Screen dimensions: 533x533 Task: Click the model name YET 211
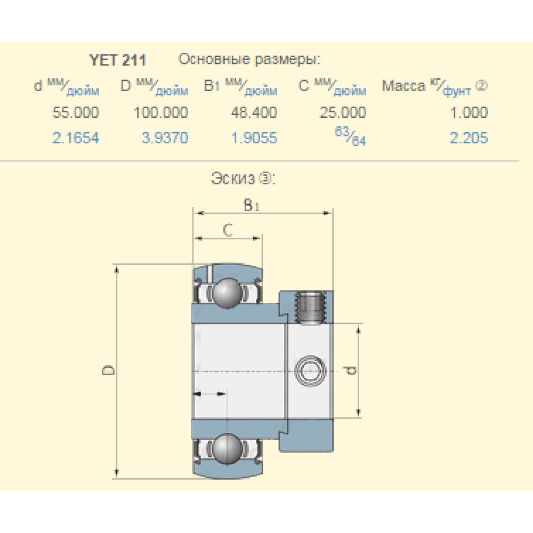[118, 61]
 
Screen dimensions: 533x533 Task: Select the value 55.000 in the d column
[76, 112]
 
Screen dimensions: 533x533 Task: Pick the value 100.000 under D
[161, 112]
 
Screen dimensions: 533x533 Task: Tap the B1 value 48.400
[254, 112]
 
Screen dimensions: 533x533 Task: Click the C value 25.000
[343, 112]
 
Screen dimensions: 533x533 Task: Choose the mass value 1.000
[469, 112]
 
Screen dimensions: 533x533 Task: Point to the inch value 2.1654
[76, 138]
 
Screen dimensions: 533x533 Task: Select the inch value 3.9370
[165, 138]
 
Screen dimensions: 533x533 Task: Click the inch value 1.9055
[254, 138]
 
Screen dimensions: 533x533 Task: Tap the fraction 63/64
[351, 136]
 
